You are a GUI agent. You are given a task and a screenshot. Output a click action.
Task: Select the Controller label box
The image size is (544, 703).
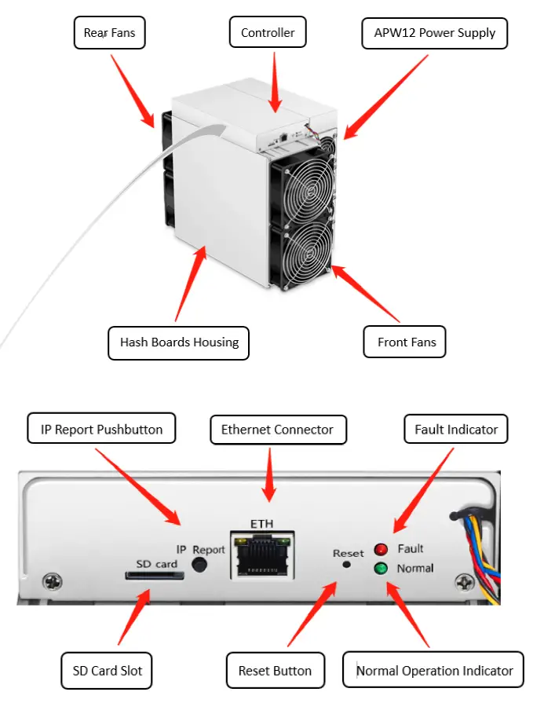(x=268, y=33)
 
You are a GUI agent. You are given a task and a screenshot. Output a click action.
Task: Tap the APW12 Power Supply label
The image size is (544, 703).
(x=434, y=33)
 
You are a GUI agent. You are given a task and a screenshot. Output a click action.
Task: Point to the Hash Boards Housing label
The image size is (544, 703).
(x=178, y=342)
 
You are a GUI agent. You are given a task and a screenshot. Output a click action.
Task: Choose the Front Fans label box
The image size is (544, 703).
(x=406, y=342)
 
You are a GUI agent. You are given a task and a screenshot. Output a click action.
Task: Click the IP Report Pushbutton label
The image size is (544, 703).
(x=101, y=430)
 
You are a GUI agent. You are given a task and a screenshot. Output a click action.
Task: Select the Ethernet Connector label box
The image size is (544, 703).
(x=277, y=430)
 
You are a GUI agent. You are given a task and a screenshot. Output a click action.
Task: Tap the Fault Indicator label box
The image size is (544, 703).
(x=456, y=430)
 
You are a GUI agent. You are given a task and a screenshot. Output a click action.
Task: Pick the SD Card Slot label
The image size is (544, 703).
(x=107, y=671)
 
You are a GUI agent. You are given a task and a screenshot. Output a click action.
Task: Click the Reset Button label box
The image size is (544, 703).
(x=275, y=671)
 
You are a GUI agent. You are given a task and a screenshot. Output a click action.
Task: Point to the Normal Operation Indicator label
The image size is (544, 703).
(x=433, y=671)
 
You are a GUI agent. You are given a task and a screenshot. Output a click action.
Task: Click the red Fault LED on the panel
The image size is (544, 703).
(x=382, y=550)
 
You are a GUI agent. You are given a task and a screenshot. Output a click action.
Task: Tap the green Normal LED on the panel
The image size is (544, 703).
(x=382, y=568)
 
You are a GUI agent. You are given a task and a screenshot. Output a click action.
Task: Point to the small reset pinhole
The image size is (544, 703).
(x=346, y=565)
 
